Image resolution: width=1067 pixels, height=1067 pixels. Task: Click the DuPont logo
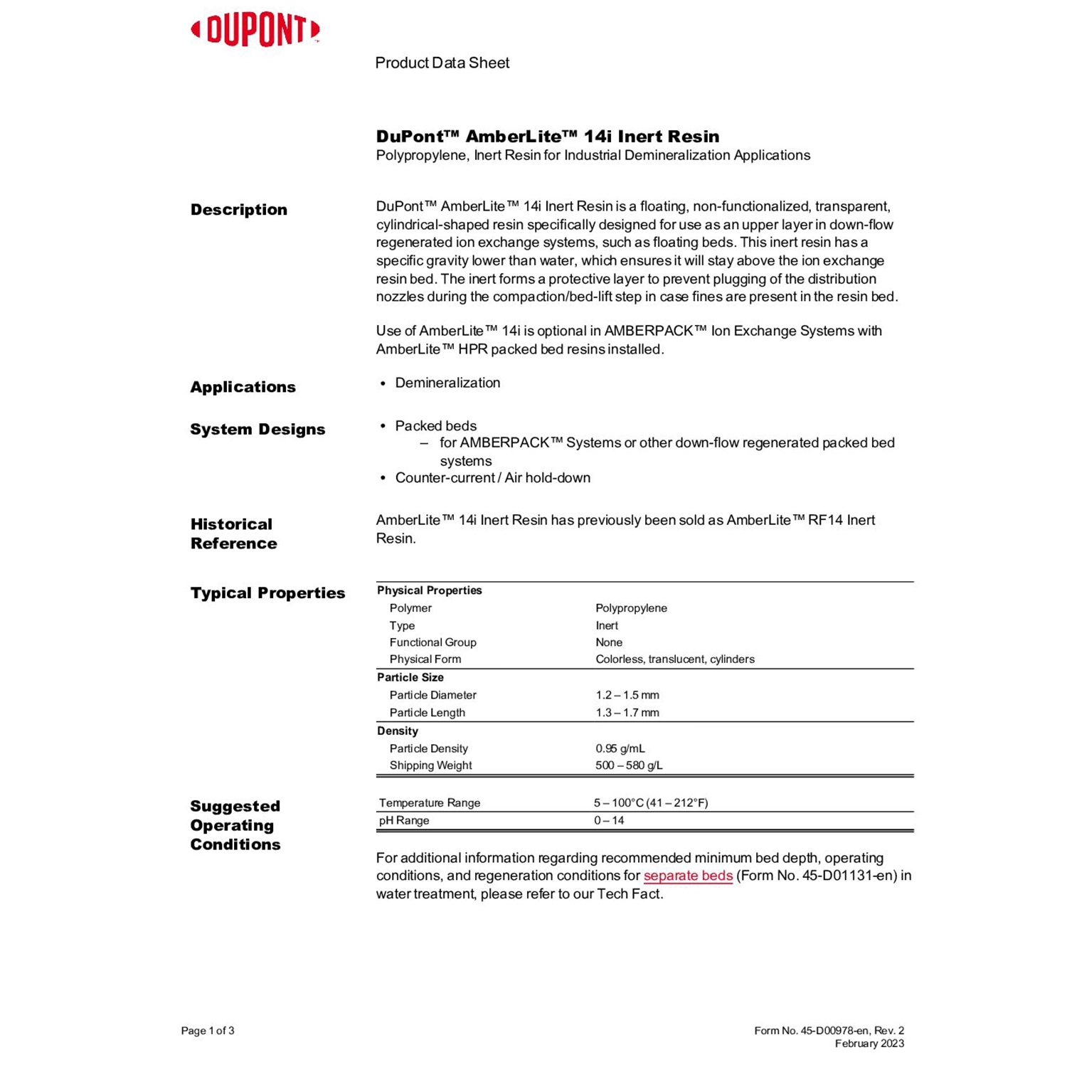click(255, 31)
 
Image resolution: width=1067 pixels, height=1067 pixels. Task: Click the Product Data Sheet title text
click(442, 63)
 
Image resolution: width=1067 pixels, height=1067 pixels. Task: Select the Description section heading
click(239, 210)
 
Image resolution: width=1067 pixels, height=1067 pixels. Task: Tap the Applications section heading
click(243, 387)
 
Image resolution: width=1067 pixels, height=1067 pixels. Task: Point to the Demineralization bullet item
click(447, 383)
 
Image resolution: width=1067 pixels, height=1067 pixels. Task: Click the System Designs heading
click(258, 430)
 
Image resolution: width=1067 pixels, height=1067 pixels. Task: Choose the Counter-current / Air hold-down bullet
click(492, 478)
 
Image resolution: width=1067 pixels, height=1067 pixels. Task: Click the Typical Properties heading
click(267, 593)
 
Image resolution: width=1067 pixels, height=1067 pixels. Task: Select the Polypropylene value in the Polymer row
click(631, 608)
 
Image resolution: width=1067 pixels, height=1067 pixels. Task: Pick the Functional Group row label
click(432, 642)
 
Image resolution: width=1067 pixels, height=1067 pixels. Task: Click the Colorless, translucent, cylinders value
click(674, 659)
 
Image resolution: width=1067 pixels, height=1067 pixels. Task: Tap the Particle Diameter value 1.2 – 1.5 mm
click(627, 695)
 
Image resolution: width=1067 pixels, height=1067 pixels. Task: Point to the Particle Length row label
click(427, 713)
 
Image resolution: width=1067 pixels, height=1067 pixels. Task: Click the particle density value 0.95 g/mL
click(620, 748)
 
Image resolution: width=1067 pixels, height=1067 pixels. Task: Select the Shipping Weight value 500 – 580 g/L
click(628, 765)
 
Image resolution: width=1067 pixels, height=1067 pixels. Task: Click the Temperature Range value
click(650, 803)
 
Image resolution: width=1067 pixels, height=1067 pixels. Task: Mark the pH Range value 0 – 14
click(608, 821)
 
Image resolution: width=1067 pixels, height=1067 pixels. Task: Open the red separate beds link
click(688, 876)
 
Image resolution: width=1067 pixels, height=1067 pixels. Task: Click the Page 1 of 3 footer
click(208, 1031)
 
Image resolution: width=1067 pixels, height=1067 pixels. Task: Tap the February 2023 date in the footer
click(869, 1044)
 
